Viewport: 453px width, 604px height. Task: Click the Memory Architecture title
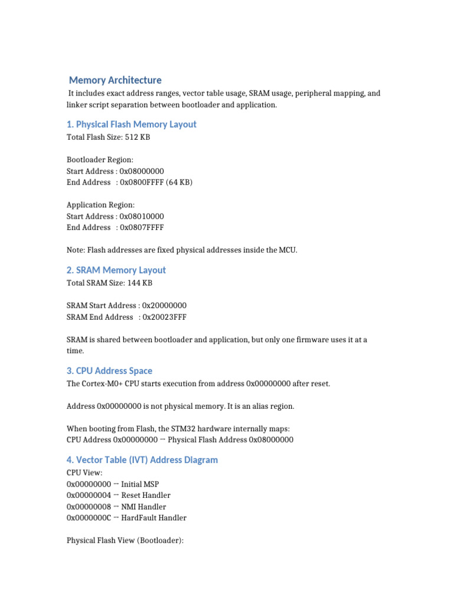115,80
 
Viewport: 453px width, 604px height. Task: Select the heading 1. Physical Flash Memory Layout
131,124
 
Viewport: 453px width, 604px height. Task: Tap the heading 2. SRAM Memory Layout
116,270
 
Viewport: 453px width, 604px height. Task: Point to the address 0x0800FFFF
142,182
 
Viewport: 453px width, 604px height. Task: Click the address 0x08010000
142,216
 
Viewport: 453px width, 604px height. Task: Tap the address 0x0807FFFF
142,228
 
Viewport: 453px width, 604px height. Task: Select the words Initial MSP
140,484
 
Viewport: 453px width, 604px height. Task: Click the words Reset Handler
146,495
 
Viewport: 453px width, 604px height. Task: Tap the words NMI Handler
143,507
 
